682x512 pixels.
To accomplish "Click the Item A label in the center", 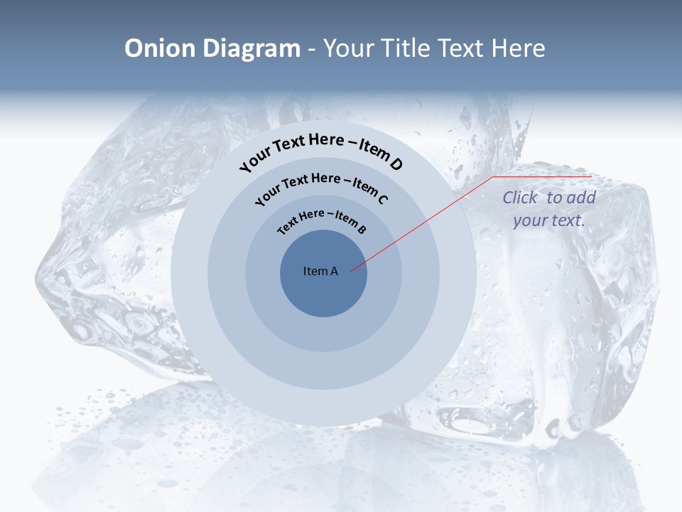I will [320, 271].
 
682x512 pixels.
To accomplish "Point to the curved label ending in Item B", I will [322, 220].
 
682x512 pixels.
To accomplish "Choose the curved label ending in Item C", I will [321, 187].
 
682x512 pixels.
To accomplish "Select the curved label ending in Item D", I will [321, 151].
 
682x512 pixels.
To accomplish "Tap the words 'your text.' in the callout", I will [549, 220].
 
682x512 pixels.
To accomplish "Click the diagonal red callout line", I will [423, 223].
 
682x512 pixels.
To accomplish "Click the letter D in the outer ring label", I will [396, 165].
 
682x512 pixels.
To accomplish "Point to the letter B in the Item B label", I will [362, 229].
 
